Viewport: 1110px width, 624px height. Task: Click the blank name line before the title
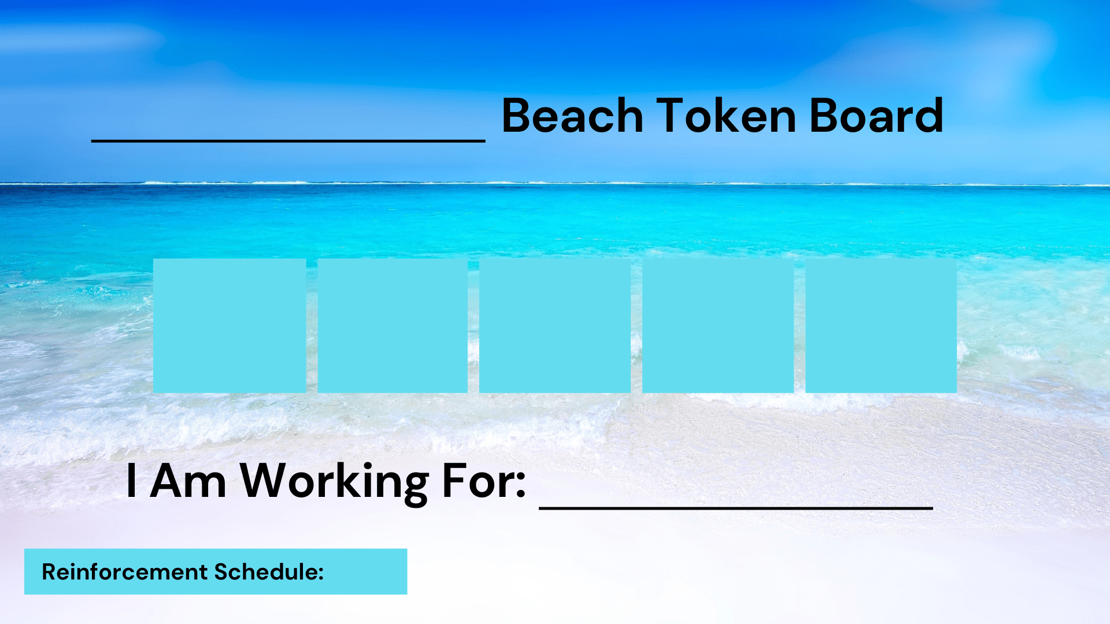(288, 140)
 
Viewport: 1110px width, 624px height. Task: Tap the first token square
(230, 326)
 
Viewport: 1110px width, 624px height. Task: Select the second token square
(393, 326)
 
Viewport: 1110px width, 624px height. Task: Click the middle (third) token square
(555, 326)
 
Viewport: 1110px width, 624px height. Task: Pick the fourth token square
(718, 326)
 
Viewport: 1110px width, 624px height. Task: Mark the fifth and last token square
(881, 326)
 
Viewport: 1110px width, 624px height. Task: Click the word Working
(334, 481)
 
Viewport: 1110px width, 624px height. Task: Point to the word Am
(188, 481)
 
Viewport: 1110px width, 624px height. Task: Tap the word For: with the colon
(483, 481)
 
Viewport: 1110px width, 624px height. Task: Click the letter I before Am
(131, 481)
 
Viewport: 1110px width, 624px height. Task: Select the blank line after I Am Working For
(736, 507)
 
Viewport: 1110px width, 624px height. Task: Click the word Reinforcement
(124, 571)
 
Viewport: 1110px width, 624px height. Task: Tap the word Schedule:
(269, 571)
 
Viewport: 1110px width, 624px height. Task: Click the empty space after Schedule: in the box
(365, 571)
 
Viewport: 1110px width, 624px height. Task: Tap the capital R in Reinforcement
(49, 571)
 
